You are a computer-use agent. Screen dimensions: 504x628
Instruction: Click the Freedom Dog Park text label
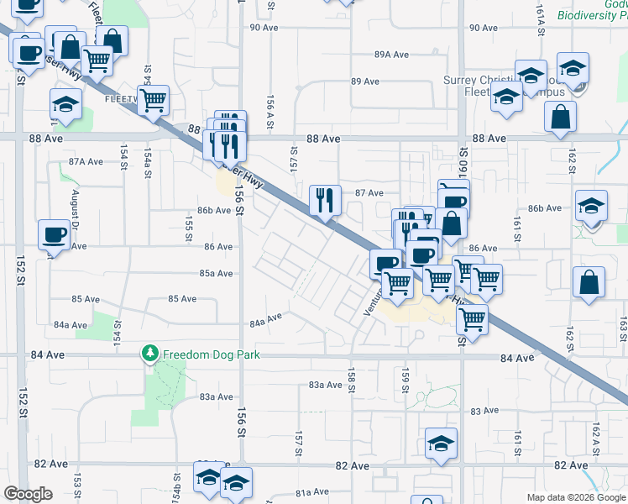(x=212, y=354)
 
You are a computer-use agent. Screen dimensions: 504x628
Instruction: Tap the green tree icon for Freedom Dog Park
(x=150, y=354)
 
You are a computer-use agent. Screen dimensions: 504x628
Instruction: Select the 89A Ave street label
(x=391, y=55)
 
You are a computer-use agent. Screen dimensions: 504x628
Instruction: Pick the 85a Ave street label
(x=216, y=273)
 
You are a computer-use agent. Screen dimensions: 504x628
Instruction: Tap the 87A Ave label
(x=86, y=161)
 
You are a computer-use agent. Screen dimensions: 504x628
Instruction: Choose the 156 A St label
(x=270, y=112)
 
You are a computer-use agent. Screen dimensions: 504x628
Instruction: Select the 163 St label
(x=622, y=323)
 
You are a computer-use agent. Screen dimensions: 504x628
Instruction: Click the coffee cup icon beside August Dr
(x=55, y=234)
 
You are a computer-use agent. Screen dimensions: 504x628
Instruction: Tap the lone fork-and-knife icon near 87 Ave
(x=325, y=201)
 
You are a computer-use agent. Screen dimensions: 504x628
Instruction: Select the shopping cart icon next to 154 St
(x=153, y=101)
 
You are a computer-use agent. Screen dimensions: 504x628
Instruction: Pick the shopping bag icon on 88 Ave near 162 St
(x=560, y=118)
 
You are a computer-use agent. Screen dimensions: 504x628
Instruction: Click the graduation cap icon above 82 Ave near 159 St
(x=441, y=444)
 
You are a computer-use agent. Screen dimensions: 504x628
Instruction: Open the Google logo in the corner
(x=29, y=494)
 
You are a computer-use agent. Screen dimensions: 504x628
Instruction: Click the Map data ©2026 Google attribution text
(x=576, y=497)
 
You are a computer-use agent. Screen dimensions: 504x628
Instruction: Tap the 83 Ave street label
(x=485, y=411)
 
